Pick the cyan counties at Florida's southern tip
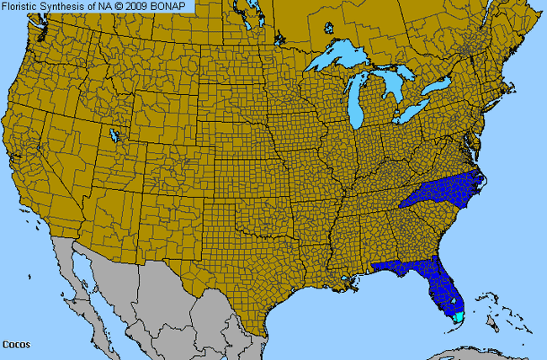(459, 317)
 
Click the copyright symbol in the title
(121, 7)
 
